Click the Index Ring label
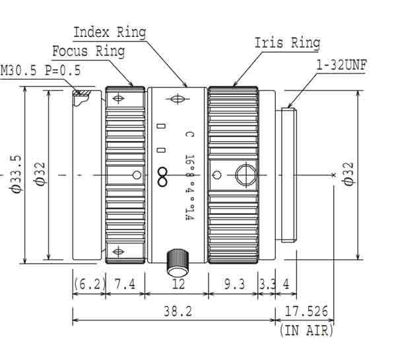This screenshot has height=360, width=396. [109, 32]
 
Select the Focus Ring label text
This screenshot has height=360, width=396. [89, 51]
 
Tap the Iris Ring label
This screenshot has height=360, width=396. [287, 44]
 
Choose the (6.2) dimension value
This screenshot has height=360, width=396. [88, 285]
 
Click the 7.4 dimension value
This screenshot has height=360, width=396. [125, 285]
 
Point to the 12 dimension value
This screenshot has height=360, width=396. [177, 285]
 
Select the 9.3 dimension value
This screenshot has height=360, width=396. [234, 285]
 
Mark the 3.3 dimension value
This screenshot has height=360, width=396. [266, 285]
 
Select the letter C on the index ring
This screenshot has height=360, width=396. [189, 135]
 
